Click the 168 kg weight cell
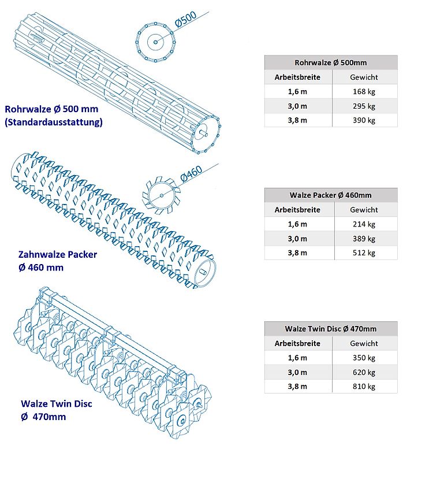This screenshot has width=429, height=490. click(364, 91)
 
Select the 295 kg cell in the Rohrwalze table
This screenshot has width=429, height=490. click(364, 106)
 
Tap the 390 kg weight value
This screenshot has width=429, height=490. click(364, 120)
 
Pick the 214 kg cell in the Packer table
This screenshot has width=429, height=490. click(364, 224)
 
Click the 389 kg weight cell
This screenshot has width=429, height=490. click(364, 239)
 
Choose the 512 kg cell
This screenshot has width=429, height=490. click(364, 253)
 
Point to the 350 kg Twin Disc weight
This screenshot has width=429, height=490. click(364, 358)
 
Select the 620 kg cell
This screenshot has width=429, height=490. click(364, 372)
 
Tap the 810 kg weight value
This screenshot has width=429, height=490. click(364, 387)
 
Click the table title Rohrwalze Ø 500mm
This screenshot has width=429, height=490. click(331, 62)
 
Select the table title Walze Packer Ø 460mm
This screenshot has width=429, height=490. click(331, 195)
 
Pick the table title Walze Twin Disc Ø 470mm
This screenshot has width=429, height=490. click(331, 329)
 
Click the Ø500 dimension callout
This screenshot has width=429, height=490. click(185, 20)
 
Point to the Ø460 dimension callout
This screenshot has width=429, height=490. click(191, 173)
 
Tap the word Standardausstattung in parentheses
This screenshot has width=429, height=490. click(54, 122)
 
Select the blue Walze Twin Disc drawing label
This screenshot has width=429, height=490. click(57, 410)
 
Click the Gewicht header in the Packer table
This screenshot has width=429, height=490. click(364, 210)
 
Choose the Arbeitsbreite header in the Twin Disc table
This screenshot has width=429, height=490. click(297, 343)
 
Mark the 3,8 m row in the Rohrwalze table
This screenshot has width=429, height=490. click(331, 120)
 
